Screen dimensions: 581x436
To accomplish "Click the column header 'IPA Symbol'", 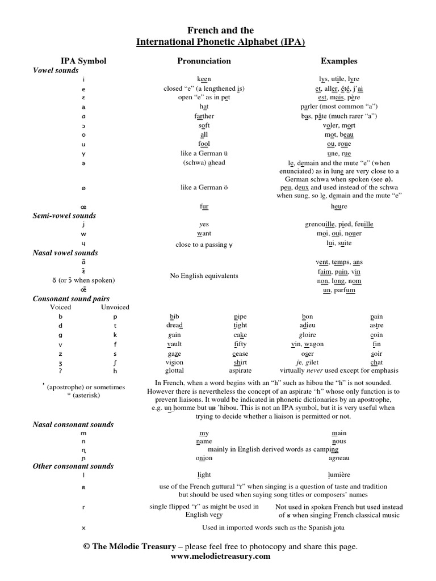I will coord(83,61).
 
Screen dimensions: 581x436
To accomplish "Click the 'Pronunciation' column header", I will coord(204,61).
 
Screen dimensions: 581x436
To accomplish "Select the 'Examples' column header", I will coord(339,61).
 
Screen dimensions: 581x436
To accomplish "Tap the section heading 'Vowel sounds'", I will coord(56,70).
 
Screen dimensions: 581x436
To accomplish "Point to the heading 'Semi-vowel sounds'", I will coord(64,216).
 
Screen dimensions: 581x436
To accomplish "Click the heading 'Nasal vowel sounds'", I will coord(65,253).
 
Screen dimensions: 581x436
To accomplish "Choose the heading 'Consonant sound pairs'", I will coord(71,298).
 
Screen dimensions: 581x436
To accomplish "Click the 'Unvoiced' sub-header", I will coord(115,308).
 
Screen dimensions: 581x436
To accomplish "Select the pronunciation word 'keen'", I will coord(204,79).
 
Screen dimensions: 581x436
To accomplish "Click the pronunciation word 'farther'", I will coord(204,116).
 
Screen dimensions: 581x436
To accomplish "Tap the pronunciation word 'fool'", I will coord(204,144).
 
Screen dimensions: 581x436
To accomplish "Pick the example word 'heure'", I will coord(339,207).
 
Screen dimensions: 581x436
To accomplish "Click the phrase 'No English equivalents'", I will coord(204,276).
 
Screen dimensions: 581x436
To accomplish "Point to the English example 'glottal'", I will coord(174,372).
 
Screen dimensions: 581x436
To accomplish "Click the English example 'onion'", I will coord(204,458).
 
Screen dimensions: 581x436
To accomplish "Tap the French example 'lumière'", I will coord(339,475).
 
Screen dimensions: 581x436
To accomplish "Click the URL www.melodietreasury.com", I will coord(220,557).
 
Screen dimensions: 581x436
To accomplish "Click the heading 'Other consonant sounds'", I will coord(73,466).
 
